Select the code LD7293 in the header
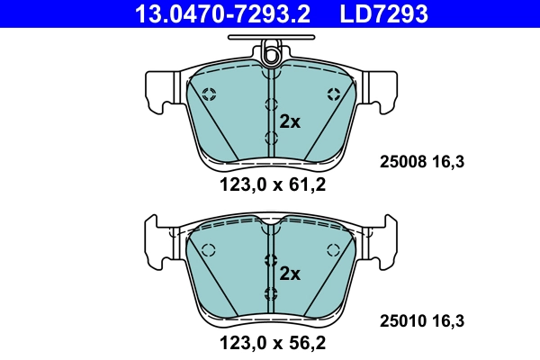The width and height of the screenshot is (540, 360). (382, 13)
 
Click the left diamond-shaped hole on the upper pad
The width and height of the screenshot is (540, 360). (209, 94)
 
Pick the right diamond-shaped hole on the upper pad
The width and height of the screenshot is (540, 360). (334, 94)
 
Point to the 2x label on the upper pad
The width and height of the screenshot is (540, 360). (290, 122)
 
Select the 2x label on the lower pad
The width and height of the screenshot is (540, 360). (290, 274)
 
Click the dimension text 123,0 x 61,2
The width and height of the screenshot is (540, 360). (270, 186)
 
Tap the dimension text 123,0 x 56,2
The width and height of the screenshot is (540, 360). (270, 341)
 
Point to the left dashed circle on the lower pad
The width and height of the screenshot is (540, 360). (209, 250)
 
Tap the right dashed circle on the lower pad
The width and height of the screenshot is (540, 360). (333, 250)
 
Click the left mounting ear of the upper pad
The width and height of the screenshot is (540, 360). (160, 92)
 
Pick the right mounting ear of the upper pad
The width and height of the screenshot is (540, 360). (381, 92)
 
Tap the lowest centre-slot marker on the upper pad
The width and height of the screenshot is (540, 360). (270, 137)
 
